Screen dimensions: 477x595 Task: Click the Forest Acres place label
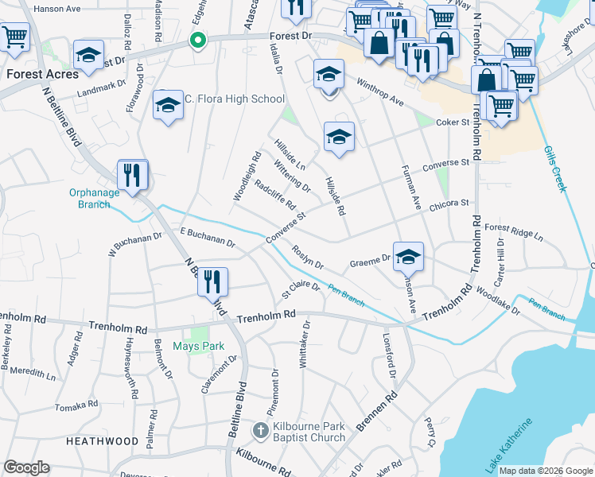tap(42, 74)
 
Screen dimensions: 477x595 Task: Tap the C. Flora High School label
tap(234, 99)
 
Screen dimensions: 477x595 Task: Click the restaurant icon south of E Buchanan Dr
tap(212, 282)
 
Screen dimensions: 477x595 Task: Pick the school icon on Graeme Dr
tap(408, 256)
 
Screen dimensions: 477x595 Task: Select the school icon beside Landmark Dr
tap(88, 56)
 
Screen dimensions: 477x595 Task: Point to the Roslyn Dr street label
tap(307, 258)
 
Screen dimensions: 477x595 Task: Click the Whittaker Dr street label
tap(305, 342)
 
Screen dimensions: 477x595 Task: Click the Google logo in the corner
tap(27, 467)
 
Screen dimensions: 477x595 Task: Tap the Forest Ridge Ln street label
tap(513, 232)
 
